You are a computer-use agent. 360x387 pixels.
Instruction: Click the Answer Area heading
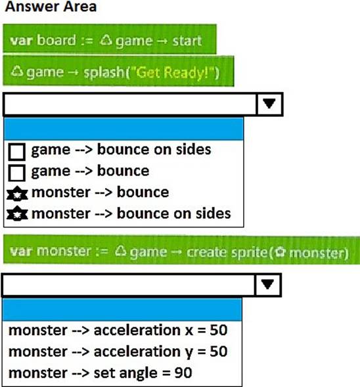click(x=51, y=7)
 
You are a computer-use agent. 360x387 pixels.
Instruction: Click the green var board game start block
click(x=110, y=39)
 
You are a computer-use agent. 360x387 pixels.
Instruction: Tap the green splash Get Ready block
click(x=118, y=71)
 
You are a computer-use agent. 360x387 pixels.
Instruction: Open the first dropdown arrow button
click(x=269, y=104)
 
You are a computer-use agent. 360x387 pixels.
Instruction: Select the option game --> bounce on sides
click(x=121, y=150)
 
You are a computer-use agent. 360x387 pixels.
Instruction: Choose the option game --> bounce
click(x=90, y=171)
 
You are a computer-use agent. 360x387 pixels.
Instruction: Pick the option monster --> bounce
click(x=101, y=193)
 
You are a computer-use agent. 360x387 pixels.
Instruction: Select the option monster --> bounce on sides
click(x=131, y=214)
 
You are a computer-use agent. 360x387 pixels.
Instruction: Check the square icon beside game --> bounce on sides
click(x=16, y=152)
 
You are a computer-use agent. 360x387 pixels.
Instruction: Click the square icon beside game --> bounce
click(x=16, y=173)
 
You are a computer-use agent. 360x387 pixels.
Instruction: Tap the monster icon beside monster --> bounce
click(x=17, y=193)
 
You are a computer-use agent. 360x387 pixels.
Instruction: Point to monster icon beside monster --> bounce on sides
click(x=17, y=214)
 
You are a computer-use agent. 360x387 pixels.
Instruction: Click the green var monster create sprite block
click(x=181, y=250)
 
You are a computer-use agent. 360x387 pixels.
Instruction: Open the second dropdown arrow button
click(x=268, y=285)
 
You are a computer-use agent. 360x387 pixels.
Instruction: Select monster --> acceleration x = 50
click(x=118, y=330)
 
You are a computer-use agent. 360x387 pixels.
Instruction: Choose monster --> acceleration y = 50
click(x=118, y=352)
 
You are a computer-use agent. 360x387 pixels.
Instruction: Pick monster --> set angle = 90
click(x=100, y=373)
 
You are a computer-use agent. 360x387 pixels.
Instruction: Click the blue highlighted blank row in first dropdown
click(x=124, y=129)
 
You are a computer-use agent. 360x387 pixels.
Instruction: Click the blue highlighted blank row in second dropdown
click(x=122, y=309)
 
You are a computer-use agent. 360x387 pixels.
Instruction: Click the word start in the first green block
click(x=187, y=41)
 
